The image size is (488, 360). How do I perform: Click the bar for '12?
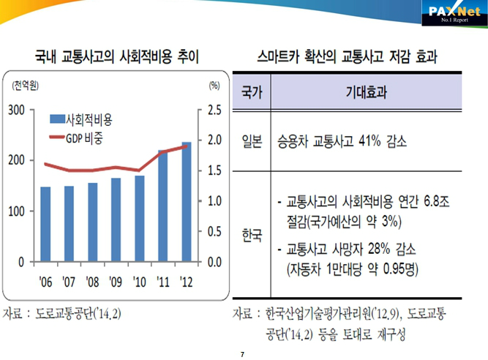pos(187,202)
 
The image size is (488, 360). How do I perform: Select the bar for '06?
pos(45,224)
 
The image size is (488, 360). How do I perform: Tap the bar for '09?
pos(116,220)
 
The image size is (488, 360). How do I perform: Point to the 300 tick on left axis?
pos(15,110)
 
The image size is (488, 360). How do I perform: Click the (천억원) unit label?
pos(29,86)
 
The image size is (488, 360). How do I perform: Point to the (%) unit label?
pos(214,86)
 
